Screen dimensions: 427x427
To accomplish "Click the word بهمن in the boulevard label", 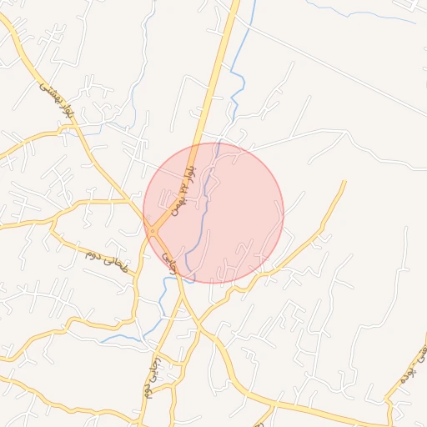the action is [x=179, y=200].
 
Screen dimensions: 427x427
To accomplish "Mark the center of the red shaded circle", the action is [x=213, y=213].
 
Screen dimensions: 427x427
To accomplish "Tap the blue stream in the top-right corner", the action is [x=367, y=12].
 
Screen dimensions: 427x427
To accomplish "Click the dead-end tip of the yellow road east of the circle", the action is [x=344, y=182].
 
